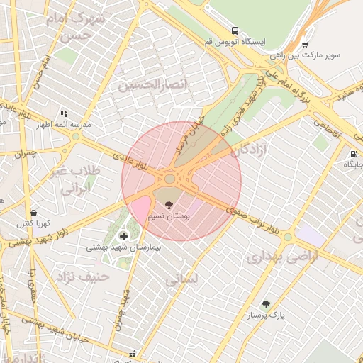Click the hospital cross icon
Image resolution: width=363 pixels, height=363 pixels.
click(123, 235)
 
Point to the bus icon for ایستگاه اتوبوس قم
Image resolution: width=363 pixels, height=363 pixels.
click(234, 30)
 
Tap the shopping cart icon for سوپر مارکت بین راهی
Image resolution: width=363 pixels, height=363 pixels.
click(305, 43)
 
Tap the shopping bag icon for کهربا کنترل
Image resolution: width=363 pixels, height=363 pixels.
click(33, 212)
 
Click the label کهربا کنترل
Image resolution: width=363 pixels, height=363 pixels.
click(33, 223)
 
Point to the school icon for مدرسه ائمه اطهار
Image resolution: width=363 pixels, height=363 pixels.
click(64, 113)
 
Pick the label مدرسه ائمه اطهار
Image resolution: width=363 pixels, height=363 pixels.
click(64, 124)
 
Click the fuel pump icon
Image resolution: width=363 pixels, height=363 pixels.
click(352, 155)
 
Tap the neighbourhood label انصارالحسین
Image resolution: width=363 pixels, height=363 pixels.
click(155, 86)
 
